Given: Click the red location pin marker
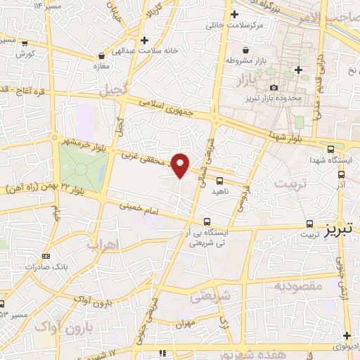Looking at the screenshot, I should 181,165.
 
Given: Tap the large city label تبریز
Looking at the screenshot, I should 338,231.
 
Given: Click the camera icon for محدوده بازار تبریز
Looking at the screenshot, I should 274,87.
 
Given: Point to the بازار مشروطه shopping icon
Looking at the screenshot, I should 245,51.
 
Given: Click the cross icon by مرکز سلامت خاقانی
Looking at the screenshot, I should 234,13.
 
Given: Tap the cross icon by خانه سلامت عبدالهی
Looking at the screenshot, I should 144,40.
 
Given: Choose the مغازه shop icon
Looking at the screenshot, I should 103,54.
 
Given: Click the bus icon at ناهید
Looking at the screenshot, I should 220,180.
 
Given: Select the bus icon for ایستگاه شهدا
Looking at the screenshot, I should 331,148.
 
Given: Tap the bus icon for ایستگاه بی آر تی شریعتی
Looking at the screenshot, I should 205,221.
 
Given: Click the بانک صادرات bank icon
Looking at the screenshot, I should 46,257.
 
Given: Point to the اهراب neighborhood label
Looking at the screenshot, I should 102,245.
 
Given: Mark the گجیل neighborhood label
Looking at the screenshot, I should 115,90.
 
